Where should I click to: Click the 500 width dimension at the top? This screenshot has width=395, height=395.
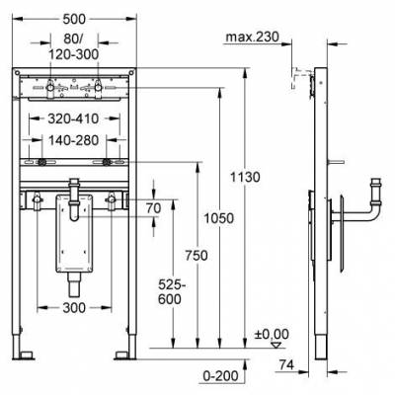tap(74, 19)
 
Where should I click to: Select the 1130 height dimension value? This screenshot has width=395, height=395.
tap(245, 177)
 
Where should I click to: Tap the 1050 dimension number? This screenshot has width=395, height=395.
tap(218, 218)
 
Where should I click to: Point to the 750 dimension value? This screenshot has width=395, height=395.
tap(197, 256)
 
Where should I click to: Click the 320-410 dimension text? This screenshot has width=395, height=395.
tap(73, 118)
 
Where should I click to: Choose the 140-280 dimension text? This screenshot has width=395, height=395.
tap(74, 140)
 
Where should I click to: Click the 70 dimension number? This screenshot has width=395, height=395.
tap(153, 208)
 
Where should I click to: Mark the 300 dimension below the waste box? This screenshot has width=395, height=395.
tap(74, 308)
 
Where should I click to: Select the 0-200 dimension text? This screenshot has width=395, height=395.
tap(220, 376)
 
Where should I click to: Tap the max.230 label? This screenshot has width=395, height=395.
tap(252, 37)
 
